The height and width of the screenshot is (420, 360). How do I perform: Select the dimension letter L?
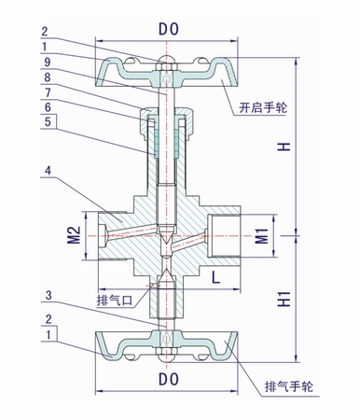(x=214, y=276)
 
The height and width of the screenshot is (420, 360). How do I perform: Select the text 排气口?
(x=115, y=301)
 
